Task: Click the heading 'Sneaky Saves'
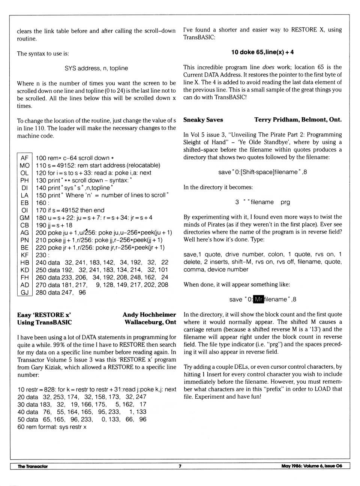tap(203, 120)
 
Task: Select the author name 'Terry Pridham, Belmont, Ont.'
tap(298, 120)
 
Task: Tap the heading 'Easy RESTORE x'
tap(44, 315)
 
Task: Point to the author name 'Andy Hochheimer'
tap(149, 315)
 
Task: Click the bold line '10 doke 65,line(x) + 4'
tap(262, 52)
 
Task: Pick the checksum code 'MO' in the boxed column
tap(25, 165)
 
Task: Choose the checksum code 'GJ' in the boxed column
tap(25, 292)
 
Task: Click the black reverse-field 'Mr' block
tap(259, 299)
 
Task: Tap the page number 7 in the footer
tap(180, 466)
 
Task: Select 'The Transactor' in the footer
tap(33, 466)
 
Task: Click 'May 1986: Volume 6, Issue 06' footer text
tap(312, 466)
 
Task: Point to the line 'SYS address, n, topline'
tap(96, 68)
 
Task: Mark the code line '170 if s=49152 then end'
tap(70, 210)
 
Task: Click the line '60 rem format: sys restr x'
tap(52, 427)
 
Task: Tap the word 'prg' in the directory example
tap(285, 202)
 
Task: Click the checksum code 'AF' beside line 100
tap(25, 158)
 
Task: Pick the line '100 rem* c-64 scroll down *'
tap(75, 158)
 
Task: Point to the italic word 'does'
tap(268, 67)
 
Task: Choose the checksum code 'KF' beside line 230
tap(25, 255)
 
